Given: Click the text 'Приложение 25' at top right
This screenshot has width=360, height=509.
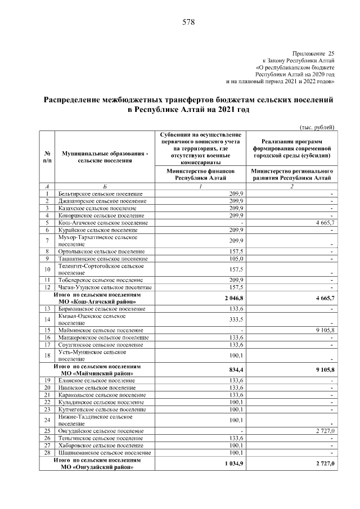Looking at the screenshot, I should click(313, 52).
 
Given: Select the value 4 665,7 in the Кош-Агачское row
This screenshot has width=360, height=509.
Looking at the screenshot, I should click(322, 223).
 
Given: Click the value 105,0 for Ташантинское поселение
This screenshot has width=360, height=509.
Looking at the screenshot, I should click(235, 259).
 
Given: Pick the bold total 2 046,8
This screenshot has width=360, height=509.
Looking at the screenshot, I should click(233, 298).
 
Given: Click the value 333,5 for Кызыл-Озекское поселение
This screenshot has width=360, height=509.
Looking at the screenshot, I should click(235, 319).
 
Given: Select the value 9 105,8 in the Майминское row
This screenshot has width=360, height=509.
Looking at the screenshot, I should click(322, 330).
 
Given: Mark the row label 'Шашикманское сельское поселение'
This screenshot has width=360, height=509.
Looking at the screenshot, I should click(102, 452).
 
